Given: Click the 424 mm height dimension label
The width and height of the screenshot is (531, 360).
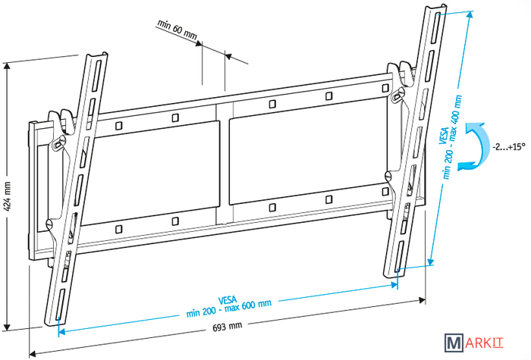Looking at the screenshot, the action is [8, 196].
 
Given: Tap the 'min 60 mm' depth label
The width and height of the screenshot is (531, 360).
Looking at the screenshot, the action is [177, 30].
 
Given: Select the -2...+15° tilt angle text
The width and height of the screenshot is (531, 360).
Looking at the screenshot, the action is [509, 147].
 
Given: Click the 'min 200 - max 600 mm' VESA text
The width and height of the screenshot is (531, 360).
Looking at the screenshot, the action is [229, 308].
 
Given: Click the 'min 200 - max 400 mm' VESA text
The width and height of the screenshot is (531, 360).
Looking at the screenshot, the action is [452, 136].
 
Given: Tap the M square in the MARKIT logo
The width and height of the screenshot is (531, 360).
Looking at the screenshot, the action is [454, 343].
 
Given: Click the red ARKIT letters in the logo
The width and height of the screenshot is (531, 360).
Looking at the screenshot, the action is [484, 343].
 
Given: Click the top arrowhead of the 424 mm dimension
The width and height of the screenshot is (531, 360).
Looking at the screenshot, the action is [7, 66].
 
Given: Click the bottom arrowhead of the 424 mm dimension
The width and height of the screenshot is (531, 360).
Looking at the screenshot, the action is [7, 327].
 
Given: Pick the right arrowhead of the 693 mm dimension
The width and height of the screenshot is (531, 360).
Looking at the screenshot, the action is [423, 300].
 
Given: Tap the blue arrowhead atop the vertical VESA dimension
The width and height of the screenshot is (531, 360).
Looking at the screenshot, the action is [470, 14].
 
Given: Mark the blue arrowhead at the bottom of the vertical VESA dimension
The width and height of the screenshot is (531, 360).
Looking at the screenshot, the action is [430, 262].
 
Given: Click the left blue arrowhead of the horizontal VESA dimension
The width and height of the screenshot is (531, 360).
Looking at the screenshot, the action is [61, 332].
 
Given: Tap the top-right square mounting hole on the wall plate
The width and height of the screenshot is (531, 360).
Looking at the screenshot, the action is [385, 89].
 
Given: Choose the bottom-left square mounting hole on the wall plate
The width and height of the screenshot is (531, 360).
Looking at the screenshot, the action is [118, 229].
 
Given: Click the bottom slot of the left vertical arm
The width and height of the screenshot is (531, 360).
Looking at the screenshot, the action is [60, 305].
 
